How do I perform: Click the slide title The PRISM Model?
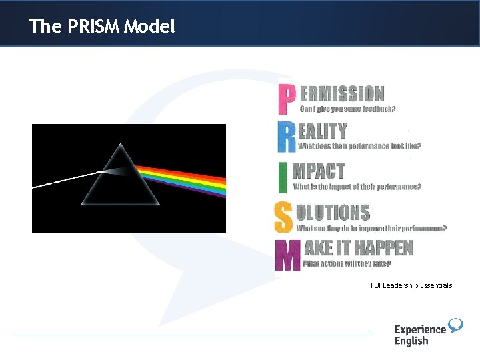[102, 27]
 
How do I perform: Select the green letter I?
[283, 177]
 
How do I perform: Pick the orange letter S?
[283, 217]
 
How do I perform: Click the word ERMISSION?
[342, 94]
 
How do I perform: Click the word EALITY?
[323, 131]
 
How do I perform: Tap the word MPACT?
[319, 171]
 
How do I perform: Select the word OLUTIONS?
[333, 213]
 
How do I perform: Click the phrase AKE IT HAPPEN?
[359, 249]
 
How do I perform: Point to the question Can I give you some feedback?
[348, 109]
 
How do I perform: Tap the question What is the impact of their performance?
[357, 187]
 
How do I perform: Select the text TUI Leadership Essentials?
[411, 285]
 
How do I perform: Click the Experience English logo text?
[419, 335]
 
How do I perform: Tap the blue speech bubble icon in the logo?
[456, 325]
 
